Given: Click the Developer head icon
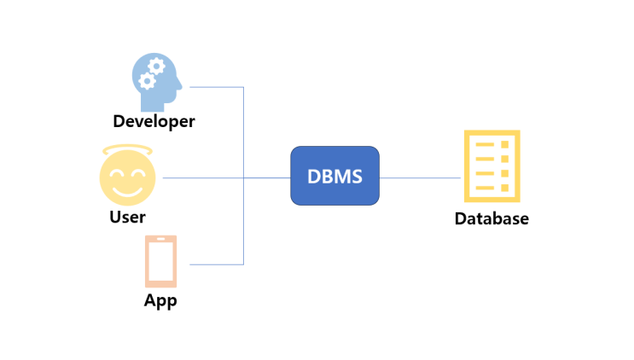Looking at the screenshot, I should (x=157, y=81).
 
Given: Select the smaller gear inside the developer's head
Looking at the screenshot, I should (x=147, y=82).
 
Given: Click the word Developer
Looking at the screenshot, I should (x=154, y=122).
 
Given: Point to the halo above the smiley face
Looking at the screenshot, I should (x=127, y=152).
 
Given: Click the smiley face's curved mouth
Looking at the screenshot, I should (x=127, y=189).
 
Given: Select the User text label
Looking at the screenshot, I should (x=127, y=217).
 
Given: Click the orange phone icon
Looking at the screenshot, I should (x=160, y=261).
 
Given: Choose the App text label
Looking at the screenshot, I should (x=160, y=301).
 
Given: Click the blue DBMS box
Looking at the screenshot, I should (x=334, y=176).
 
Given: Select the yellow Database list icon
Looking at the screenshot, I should (x=491, y=165).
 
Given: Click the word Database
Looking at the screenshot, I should (x=491, y=218).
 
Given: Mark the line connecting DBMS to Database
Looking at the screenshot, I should (x=420, y=178).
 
